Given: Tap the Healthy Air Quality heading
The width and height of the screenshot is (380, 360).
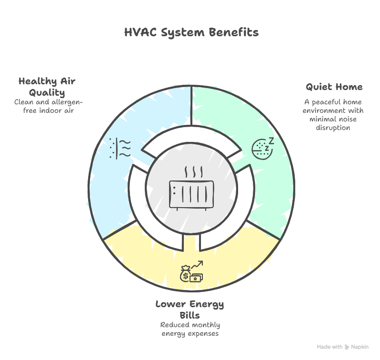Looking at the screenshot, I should [x=47, y=86].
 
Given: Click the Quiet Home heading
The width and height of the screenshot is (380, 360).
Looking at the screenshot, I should [x=334, y=87].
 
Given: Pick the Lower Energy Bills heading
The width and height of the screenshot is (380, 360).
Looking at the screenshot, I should [x=190, y=310].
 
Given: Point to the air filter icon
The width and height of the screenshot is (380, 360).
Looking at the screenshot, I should [x=120, y=148].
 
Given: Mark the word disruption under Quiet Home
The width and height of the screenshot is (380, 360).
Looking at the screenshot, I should [x=333, y=128].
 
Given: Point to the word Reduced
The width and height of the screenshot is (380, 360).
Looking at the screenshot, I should [x=173, y=325].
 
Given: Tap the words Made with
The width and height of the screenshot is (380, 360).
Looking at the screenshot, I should [x=330, y=347].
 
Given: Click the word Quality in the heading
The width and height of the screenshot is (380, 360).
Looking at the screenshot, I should [x=47, y=92].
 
